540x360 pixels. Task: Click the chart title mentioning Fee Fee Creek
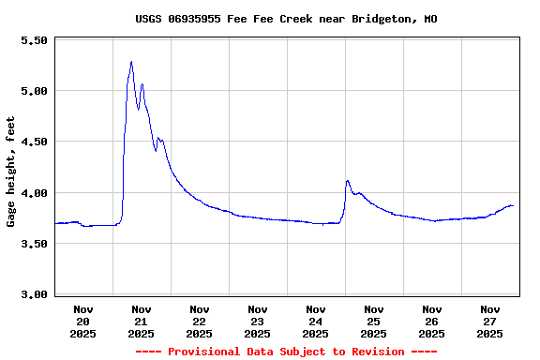coord(286,19)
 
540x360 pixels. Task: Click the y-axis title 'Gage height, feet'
coord(11,172)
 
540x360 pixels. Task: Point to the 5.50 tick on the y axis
coord(33,40)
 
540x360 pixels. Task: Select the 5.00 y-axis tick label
coord(33,91)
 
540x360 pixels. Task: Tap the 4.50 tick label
coord(33,142)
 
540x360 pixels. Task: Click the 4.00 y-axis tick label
coord(33,193)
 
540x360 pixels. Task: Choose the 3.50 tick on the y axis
coord(33,244)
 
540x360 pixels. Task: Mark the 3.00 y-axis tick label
coord(33,294)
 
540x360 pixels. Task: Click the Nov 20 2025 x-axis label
coord(83,321)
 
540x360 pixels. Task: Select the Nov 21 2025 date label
coord(142,321)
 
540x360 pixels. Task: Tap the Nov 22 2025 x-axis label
coord(200,321)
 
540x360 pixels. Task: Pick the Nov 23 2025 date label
coord(258,321)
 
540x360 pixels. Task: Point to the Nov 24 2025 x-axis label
coord(316,321)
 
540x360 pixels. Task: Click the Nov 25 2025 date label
coord(374,321)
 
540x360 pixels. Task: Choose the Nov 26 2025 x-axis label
coord(432,321)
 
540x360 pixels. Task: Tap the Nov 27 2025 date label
coord(490,321)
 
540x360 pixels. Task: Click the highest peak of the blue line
coord(131,62)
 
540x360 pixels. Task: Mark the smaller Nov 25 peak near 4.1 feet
coord(348,181)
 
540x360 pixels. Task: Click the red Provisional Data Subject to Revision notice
coord(286,352)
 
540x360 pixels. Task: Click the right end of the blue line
coord(513,205)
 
